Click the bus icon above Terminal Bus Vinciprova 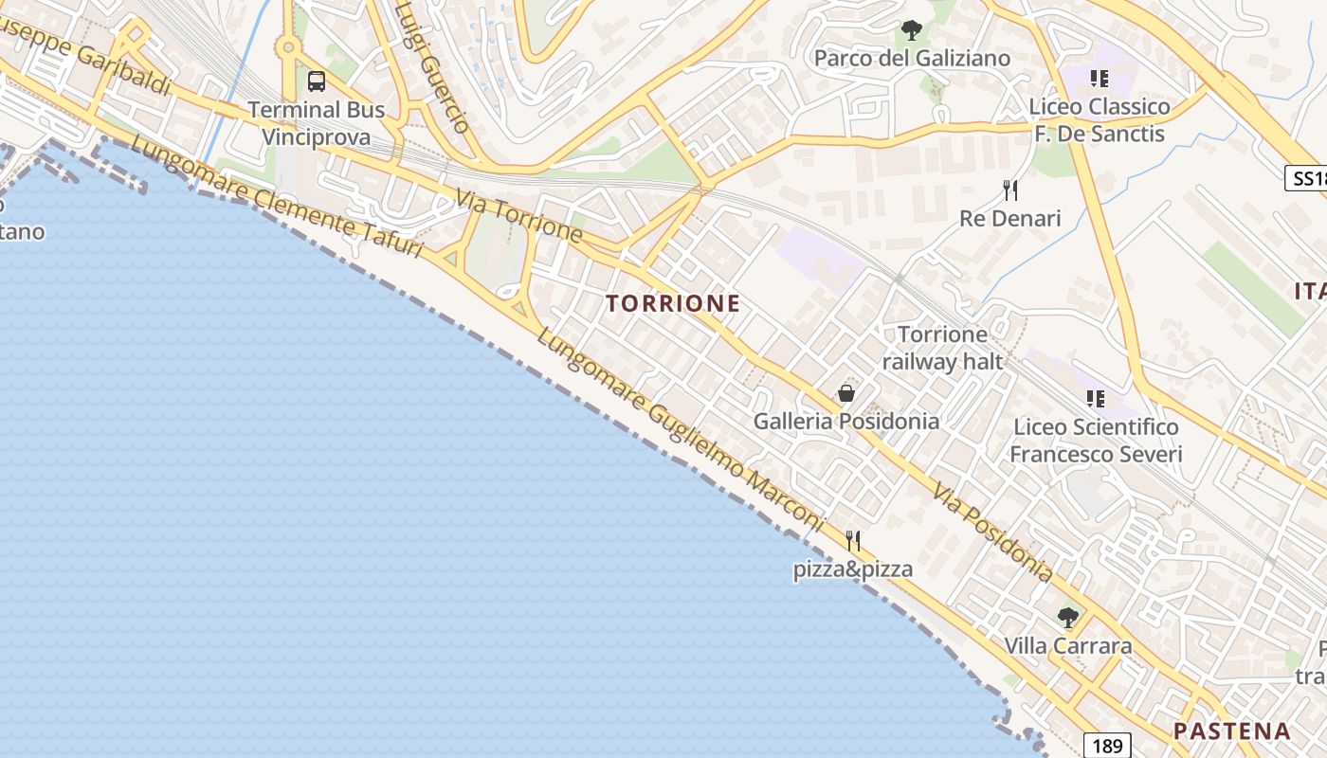click(x=317, y=81)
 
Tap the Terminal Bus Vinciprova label click(x=317, y=123)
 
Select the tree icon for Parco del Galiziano click(x=911, y=30)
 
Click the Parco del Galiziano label click(x=912, y=59)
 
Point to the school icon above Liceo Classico click(x=1099, y=78)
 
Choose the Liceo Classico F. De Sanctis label click(x=1100, y=120)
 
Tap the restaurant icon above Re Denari click(x=1010, y=190)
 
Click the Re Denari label click(x=1010, y=219)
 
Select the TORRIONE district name click(x=673, y=304)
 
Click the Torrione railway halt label click(x=942, y=348)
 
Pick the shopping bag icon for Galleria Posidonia click(x=846, y=393)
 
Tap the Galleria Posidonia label click(x=846, y=422)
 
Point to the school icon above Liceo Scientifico click(x=1096, y=399)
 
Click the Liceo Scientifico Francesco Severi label click(x=1096, y=442)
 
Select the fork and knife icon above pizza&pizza click(x=853, y=541)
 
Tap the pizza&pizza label click(x=853, y=569)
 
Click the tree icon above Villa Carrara click(x=1068, y=618)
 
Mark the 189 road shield click(x=1107, y=746)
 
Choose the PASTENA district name click(x=1232, y=731)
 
